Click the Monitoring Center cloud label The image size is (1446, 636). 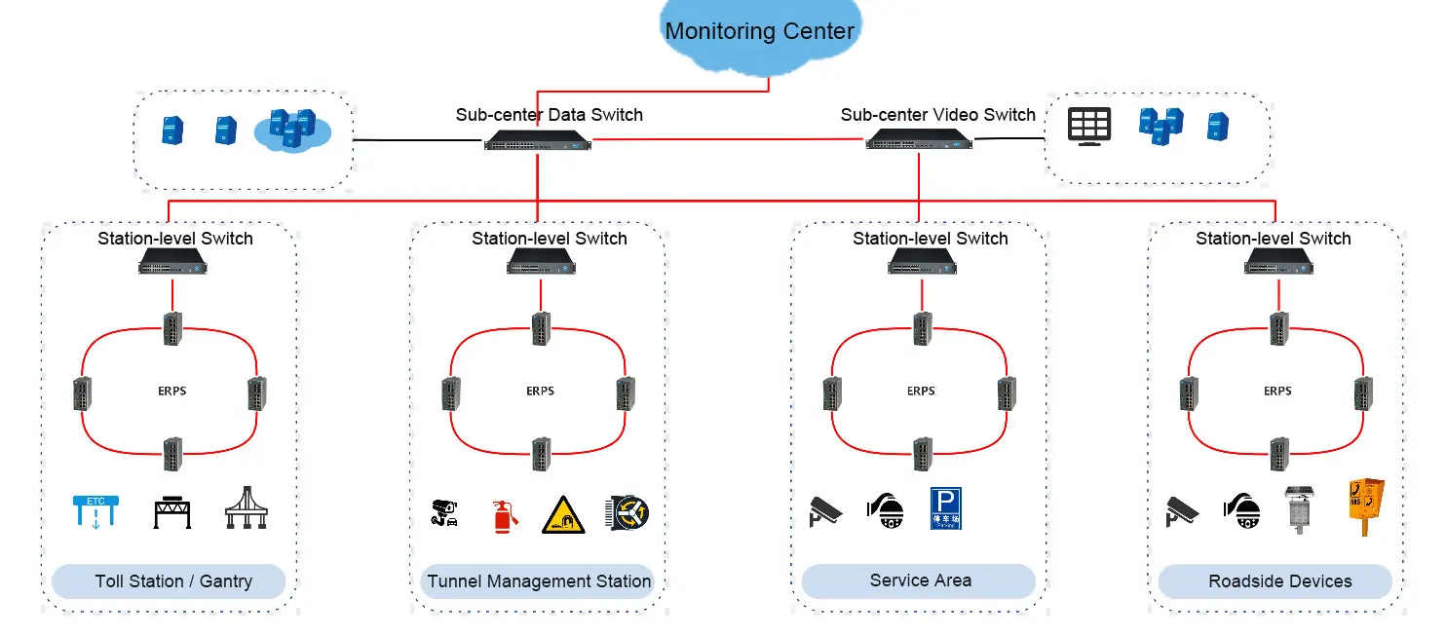pos(759,31)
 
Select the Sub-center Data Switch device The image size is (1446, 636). pos(537,140)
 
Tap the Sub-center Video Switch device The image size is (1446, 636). pos(918,140)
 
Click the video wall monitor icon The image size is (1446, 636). pos(1088,127)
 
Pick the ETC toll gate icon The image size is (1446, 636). pos(95,511)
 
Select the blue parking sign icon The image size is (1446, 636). pos(945,508)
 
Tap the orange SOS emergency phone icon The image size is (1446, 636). pos(1365,505)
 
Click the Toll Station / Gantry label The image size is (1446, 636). pos(173,581)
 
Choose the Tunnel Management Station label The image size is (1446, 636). pos(539,581)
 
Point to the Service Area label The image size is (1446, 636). pos(920,580)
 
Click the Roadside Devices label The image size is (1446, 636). pos(1279,581)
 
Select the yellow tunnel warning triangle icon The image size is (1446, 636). pos(563,514)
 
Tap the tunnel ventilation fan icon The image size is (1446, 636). pos(628,512)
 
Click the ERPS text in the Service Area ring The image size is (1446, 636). pos(921,391)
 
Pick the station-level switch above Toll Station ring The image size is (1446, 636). pos(172,261)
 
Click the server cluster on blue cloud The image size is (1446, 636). pos(292,130)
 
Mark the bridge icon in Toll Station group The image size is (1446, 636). pos(247,508)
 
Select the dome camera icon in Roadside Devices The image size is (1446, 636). pos(1241,510)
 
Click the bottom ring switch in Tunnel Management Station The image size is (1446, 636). pos(541,453)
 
